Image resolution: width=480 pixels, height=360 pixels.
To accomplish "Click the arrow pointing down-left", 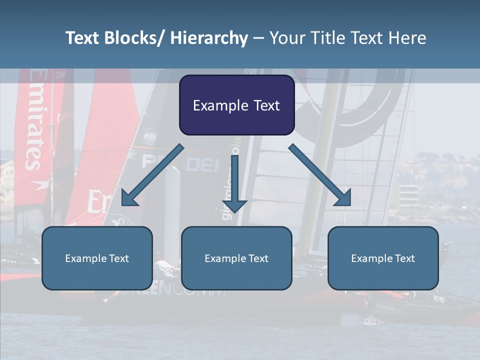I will coord(152,175).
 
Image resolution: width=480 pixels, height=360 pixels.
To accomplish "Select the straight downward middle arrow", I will coord(235,182).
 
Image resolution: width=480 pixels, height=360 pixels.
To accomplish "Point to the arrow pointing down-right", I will coord(320,175).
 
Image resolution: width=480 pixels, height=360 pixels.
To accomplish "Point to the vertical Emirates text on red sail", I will coord(34,120).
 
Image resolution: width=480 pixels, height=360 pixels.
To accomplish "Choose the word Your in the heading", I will coord(286,38).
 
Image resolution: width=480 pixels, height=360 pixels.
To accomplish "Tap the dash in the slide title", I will coord(258,38).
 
